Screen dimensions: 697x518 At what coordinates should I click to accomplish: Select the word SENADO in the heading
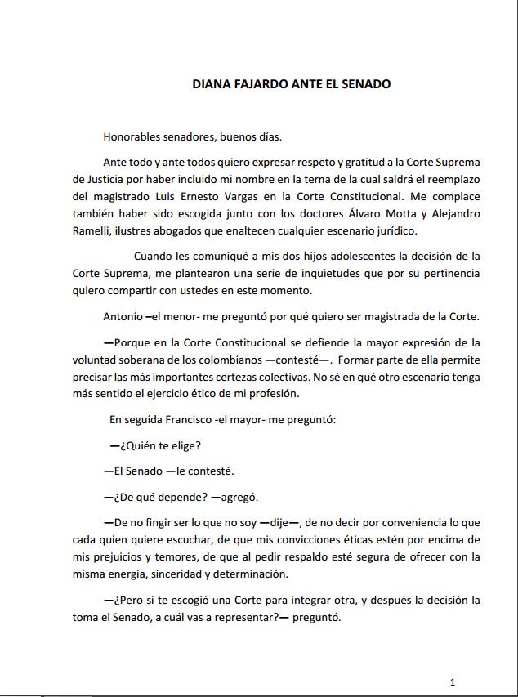click(x=368, y=84)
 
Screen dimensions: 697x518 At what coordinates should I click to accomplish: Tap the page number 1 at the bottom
click(x=453, y=681)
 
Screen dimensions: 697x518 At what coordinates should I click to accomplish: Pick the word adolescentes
click(x=346, y=257)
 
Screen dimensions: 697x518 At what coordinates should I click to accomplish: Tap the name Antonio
click(x=123, y=315)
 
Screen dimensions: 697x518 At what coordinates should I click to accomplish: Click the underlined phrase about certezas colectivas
click(x=211, y=377)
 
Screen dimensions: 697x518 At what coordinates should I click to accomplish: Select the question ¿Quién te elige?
click(x=156, y=445)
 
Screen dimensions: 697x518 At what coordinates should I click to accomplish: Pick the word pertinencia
click(x=449, y=273)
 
